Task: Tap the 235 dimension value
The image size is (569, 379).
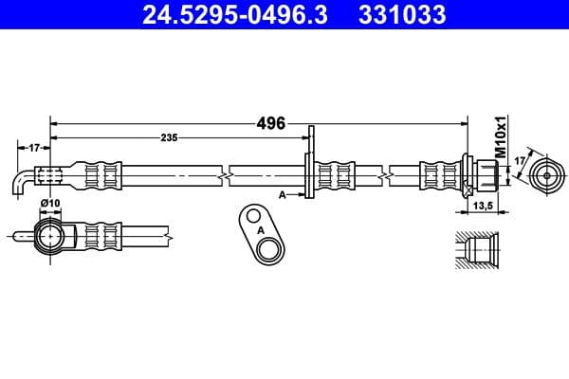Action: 169,138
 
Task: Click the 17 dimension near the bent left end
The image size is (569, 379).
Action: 32,147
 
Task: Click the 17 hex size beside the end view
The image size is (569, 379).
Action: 518,162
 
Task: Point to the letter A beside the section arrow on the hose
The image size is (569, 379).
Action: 282,194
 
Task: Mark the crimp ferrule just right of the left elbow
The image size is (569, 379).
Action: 103,175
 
